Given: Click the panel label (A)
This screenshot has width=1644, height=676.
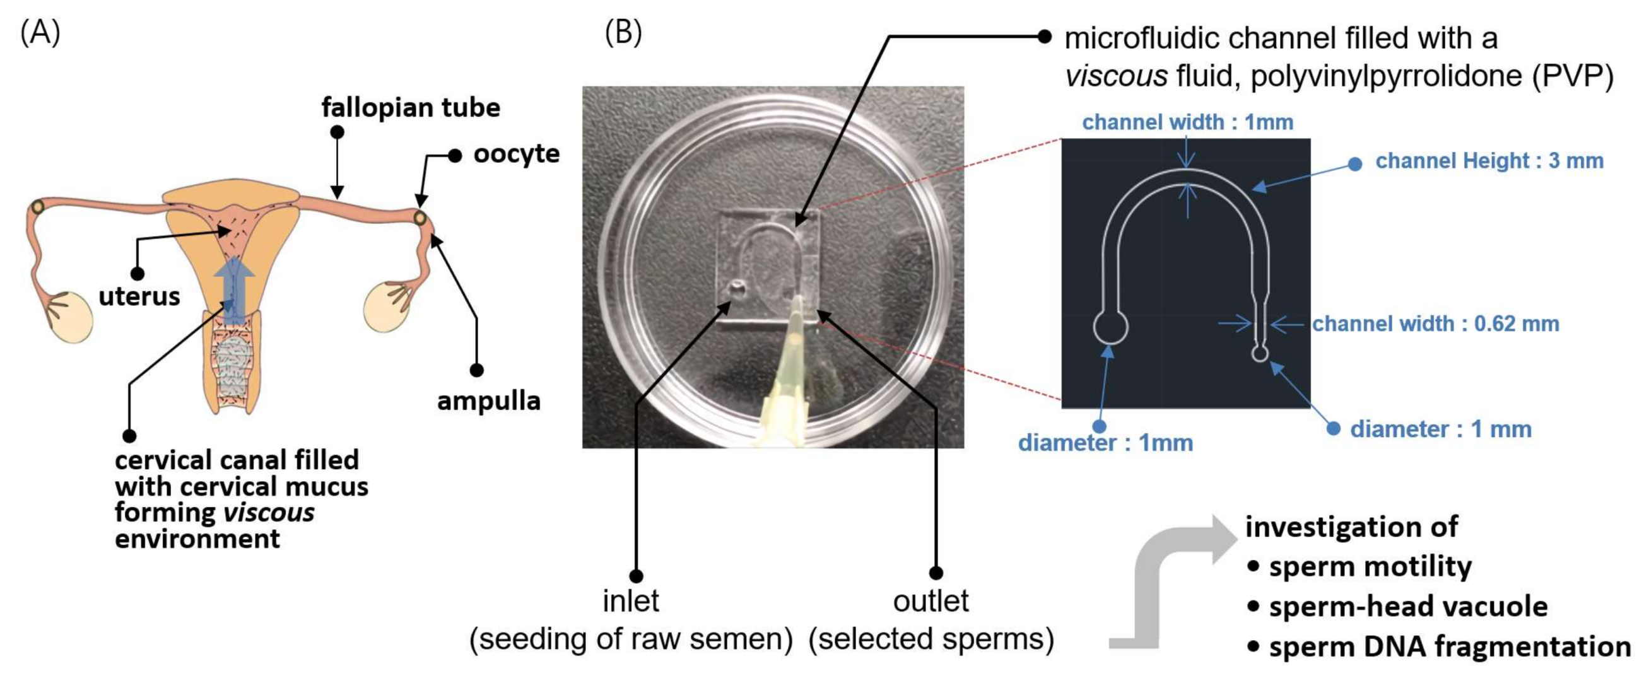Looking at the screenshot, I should [x=40, y=33].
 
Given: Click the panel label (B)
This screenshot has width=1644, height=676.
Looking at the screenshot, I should [x=622, y=33].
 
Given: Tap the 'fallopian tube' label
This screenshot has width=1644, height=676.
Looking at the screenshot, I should [x=410, y=107].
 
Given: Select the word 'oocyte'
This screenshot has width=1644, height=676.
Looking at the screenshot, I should [x=515, y=154].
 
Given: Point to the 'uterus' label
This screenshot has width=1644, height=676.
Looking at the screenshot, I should [x=139, y=296].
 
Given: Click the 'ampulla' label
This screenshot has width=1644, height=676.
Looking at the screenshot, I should [x=488, y=401].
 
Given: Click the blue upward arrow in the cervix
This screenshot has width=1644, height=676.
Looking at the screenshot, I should [x=234, y=287].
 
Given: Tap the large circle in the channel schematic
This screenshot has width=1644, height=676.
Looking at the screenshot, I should [x=1110, y=327].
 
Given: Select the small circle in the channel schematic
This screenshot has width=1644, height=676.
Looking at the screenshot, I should [x=1259, y=353].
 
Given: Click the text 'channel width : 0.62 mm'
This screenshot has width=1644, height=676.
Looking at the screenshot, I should [x=1435, y=324].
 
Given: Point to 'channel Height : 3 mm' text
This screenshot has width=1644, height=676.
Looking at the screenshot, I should [x=1489, y=161].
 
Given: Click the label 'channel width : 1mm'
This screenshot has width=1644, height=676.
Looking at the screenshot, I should [x=1188, y=122].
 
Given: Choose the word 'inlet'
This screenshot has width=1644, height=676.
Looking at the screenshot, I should [x=631, y=602].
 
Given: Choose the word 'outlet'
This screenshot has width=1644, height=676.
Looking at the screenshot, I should [x=931, y=602].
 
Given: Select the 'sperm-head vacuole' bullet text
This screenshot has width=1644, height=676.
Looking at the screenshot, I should [x=1408, y=607].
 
